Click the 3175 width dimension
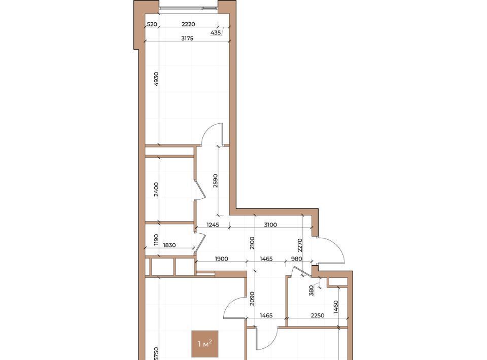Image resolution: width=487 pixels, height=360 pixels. point(187,39)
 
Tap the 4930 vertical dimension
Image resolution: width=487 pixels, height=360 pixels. point(156,79)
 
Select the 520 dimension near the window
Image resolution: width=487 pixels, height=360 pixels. point(152,24)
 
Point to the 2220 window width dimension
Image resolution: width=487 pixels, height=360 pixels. point(188,24)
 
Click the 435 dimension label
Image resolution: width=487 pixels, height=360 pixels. point(216,32)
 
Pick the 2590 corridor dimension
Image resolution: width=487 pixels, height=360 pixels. point(216,181)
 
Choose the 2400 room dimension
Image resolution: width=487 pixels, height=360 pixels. point(156,189)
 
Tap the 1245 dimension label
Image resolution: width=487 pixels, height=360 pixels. point(213,225)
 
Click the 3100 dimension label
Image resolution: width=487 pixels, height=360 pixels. point(270,225)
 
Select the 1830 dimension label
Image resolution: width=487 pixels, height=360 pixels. point(169,245)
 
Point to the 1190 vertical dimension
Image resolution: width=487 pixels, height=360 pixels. point(156,240)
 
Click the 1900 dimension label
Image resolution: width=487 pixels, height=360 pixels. point(222,259)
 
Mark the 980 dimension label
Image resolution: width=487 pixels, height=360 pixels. point(297,259)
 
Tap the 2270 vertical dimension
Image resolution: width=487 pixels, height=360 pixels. point(300,245)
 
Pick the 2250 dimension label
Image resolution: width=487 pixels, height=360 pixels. point(318,315)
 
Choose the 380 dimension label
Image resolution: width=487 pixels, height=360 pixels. point(311,291)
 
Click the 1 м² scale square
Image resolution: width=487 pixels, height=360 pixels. point(205,344)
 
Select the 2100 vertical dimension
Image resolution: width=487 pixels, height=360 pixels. point(252,243)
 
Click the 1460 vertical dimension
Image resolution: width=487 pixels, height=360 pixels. point(336,307)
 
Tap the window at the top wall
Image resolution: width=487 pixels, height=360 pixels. point(188,8)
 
